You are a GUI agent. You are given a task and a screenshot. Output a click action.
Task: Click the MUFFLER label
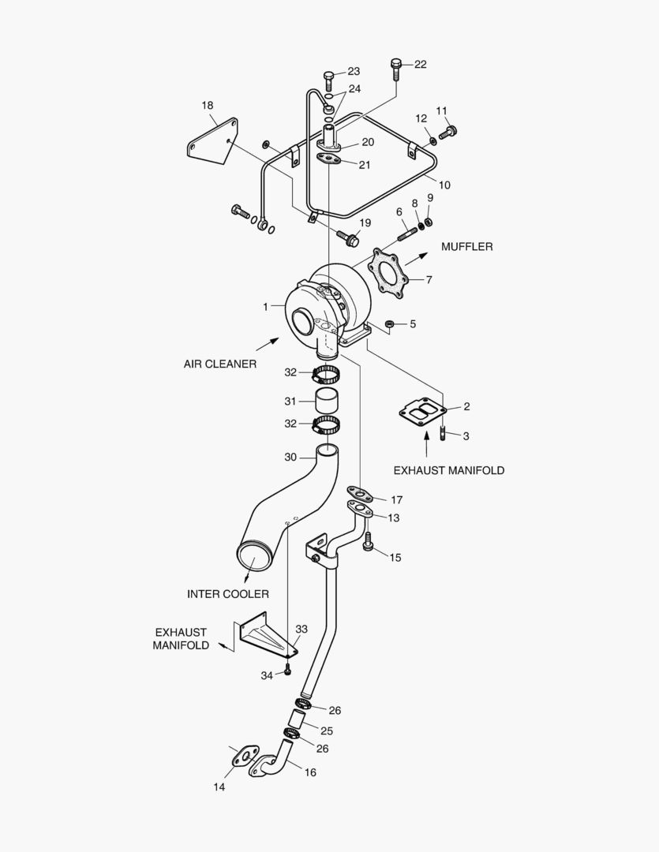[466, 247]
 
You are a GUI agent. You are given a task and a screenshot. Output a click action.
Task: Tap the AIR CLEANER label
[220, 364]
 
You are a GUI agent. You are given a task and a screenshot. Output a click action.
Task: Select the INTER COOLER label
[228, 594]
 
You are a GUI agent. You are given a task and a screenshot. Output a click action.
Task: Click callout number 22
[420, 65]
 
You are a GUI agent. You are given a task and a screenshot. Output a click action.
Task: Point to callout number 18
[208, 105]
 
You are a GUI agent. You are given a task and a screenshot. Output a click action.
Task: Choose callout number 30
[290, 457]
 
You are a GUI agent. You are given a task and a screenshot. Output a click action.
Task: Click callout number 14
[219, 787]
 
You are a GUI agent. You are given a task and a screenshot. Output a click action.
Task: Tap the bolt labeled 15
[368, 543]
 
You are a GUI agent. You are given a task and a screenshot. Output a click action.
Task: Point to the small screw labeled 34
[288, 670]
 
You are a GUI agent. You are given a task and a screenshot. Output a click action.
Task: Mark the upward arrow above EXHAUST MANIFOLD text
[426, 447]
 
